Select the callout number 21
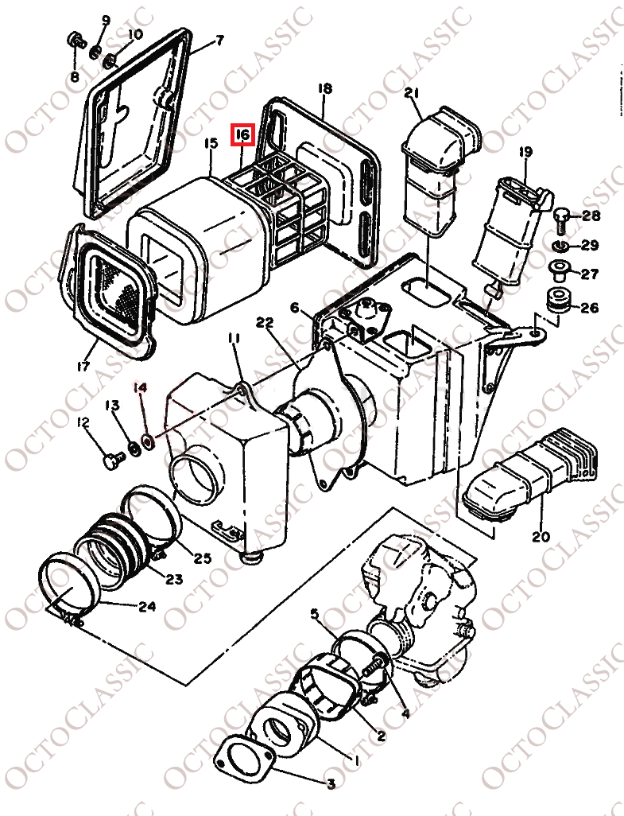coord(411,94)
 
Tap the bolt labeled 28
coord(561,216)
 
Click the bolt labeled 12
coord(113,460)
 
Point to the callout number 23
coord(173,579)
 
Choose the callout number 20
coord(541,536)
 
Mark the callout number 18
coord(325,88)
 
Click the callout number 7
coord(219,40)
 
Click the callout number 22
coord(265,322)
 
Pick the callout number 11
coord(233,340)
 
